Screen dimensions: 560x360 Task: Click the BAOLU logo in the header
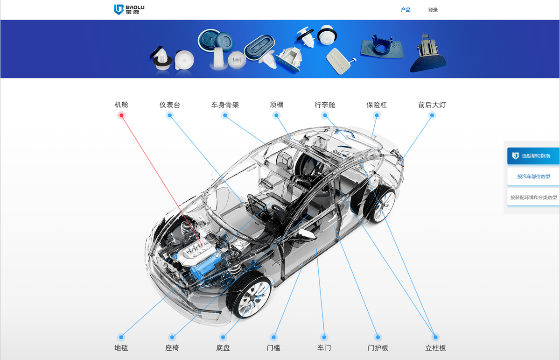[129, 9]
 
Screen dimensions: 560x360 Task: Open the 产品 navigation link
[406, 10]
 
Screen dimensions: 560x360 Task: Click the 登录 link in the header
[433, 10]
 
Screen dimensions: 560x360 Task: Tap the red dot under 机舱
[121, 115]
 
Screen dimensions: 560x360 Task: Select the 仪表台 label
[170, 105]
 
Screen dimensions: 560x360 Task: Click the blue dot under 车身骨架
[225, 115]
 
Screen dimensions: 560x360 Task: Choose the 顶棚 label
[276, 104]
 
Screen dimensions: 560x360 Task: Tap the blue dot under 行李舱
[325, 115]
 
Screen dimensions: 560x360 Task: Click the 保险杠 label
[377, 105]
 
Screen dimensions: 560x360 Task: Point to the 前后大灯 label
[432, 105]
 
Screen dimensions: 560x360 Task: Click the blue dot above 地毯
[121, 337]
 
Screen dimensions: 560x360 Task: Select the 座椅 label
[172, 348]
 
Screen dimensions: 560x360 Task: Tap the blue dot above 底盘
[223, 337]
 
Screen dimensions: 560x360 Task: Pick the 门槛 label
[273, 348]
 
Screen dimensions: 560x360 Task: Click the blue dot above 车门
[324, 337]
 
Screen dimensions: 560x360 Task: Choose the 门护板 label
[378, 348]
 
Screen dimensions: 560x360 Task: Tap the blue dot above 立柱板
[435, 337]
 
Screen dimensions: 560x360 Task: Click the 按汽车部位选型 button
[533, 176]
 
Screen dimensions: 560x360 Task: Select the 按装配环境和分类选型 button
[533, 198]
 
